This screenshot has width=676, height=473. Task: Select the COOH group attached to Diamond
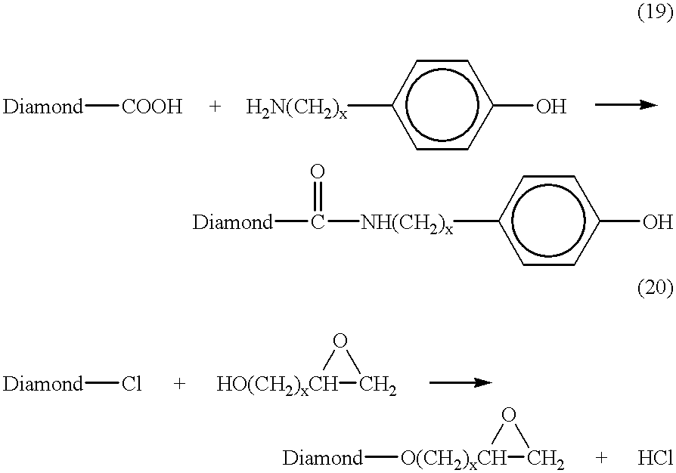pos(152,106)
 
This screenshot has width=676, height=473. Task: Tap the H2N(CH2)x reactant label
pos(296,107)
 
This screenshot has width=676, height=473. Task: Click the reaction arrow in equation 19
pos(626,105)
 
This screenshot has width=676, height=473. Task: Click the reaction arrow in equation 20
pos(460,382)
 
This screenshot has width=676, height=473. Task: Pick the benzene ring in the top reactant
pos(442,105)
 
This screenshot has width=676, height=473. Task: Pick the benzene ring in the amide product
pos(548,221)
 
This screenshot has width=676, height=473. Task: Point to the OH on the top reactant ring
pos(551,106)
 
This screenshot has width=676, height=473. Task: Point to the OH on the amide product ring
pos(658,222)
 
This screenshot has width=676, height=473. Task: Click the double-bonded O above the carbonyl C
pos(318,172)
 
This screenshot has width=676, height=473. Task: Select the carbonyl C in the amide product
pos(318,222)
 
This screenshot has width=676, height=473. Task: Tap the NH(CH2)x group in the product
pos(407,224)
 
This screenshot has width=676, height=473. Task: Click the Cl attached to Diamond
pos(132,383)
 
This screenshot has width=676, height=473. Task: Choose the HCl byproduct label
pos(656,458)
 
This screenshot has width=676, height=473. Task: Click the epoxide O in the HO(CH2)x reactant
pos(340,341)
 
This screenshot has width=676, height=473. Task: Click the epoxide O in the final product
pos(509,415)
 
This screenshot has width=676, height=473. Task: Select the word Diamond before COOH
pos(42,106)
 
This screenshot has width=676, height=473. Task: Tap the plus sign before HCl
pos(601,458)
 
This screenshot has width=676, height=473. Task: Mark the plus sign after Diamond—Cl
pos(179,383)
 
